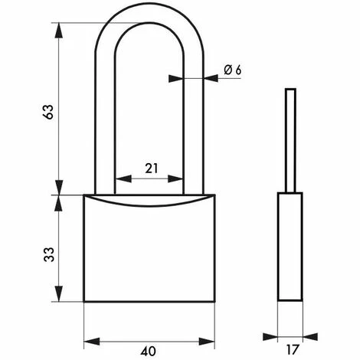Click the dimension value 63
point(48,112)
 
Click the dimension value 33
point(48,254)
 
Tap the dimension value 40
point(148,352)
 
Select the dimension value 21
point(152,169)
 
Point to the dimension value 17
point(292,349)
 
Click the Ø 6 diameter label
point(233,70)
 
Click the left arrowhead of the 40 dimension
point(92,342)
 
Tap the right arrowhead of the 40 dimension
point(207,342)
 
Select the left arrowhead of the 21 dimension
point(123,178)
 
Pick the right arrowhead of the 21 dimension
point(175,178)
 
